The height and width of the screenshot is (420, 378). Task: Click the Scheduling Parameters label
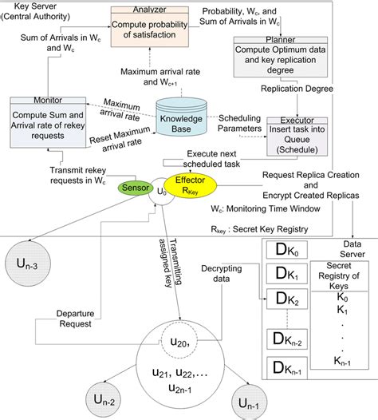coord(242,121)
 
